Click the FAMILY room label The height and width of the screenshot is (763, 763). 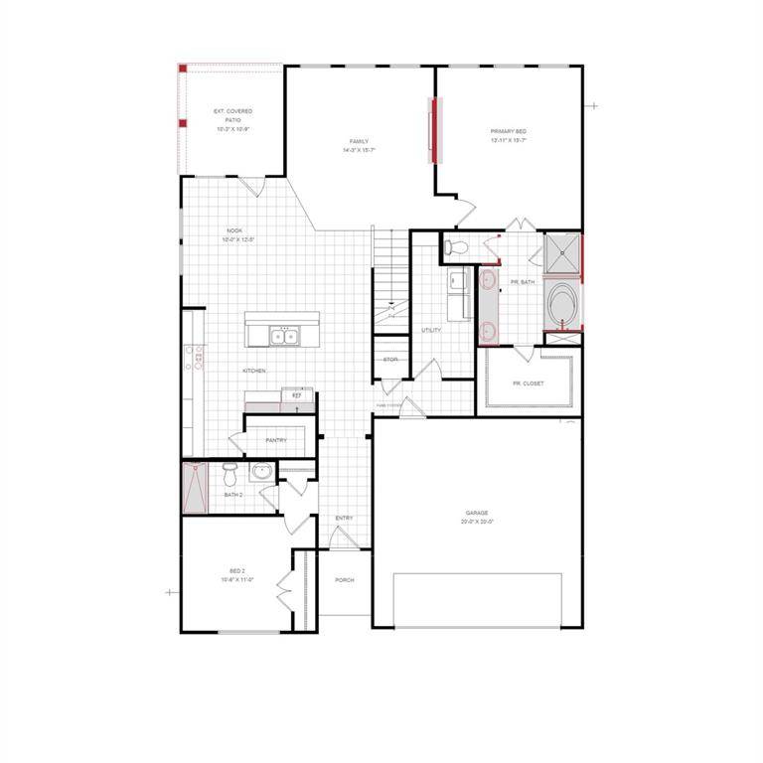tap(359, 141)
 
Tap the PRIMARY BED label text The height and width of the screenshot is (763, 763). tap(508, 132)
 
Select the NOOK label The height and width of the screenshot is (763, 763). tap(234, 230)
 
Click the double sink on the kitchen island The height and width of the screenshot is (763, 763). tap(285, 337)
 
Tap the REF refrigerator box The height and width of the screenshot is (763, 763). tap(296, 395)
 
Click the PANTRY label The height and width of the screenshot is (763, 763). tap(276, 440)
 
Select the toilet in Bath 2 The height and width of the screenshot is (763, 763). tap(230, 470)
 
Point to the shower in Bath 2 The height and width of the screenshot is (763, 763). tap(195, 488)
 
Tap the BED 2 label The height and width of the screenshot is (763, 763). tap(236, 571)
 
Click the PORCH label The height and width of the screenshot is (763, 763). tap(345, 580)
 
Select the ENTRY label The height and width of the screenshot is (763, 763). tap(345, 518)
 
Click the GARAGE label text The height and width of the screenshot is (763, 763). tap(477, 514)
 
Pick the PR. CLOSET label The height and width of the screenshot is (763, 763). tap(528, 382)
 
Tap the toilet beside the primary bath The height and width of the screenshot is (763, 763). tap(456, 246)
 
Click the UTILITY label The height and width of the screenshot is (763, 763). tap(431, 330)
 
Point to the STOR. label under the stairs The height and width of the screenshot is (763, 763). tap(390, 359)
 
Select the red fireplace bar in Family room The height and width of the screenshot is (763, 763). tap(431, 129)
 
